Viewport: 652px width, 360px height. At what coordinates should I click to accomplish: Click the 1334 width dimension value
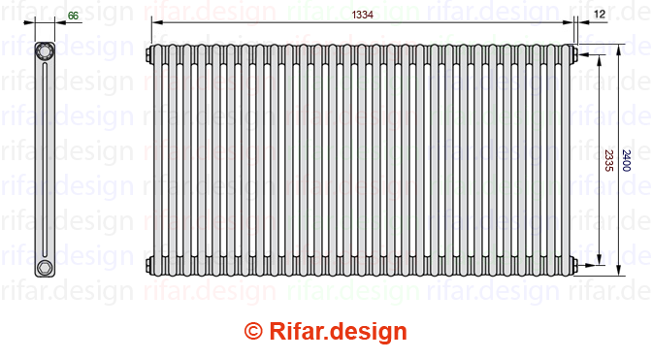coord(362,15)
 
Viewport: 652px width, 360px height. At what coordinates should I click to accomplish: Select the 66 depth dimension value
coord(73,16)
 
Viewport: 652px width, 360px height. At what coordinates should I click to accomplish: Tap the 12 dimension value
coord(600,15)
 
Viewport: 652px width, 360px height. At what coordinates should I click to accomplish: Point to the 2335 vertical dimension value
coord(608,160)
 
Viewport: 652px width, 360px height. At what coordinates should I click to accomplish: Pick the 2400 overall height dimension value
coord(626,160)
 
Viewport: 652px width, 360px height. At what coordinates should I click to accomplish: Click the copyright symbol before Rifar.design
coord(253,331)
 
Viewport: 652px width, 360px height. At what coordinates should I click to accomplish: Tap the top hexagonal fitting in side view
coord(44,51)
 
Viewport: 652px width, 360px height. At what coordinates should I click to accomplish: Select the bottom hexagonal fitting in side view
coord(44,267)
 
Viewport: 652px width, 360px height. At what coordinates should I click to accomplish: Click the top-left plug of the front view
coord(148,55)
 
